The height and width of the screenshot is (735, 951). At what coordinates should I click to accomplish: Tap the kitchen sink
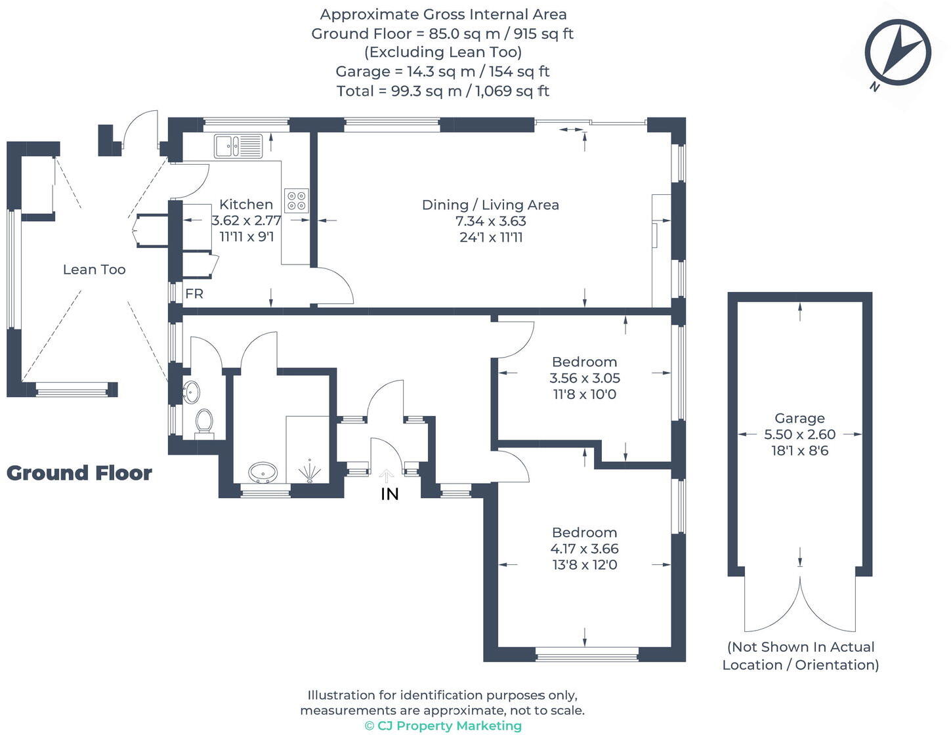pos(238,146)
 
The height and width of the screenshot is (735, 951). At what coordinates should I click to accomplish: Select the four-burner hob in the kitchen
pos(296,200)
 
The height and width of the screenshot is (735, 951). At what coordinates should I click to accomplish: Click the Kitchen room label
pos(246,204)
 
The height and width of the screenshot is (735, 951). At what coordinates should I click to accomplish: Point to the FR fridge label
pos(194,293)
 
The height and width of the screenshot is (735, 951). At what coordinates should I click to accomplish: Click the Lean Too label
pos(94,270)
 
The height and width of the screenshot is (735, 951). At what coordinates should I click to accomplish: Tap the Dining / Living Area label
pos(490,205)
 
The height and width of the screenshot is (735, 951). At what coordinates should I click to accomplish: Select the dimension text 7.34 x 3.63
pos(491,221)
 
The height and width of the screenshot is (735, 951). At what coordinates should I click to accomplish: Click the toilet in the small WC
pos(204,423)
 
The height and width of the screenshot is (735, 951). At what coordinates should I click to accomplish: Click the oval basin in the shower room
pos(263,472)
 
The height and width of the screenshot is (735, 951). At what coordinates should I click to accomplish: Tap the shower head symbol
pos(310,471)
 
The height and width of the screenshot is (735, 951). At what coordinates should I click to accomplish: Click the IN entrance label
pos(389,494)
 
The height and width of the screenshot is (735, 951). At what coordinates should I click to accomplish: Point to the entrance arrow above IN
pos(386,476)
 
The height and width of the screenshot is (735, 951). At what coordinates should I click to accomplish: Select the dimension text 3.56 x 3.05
pos(585,378)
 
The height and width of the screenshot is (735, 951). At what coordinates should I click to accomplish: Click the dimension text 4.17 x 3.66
pos(585,549)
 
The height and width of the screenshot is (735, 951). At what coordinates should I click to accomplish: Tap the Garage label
pos(799,418)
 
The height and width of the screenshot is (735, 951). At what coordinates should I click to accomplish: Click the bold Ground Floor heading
pos(79,473)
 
